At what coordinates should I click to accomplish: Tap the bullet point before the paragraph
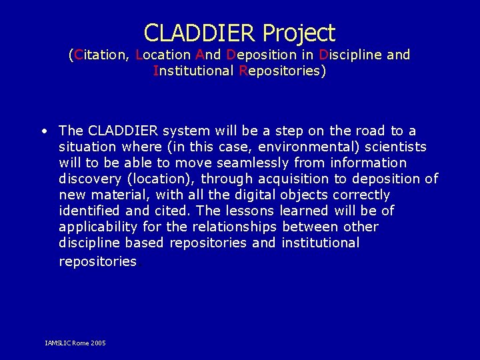pyautogui.click(x=43, y=131)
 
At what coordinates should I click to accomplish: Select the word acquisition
pyautogui.click(x=293, y=179)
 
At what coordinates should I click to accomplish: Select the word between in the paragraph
pyautogui.click(x=311, y=227)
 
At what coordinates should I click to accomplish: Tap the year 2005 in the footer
pyautogui.click(x=97, y=343)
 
